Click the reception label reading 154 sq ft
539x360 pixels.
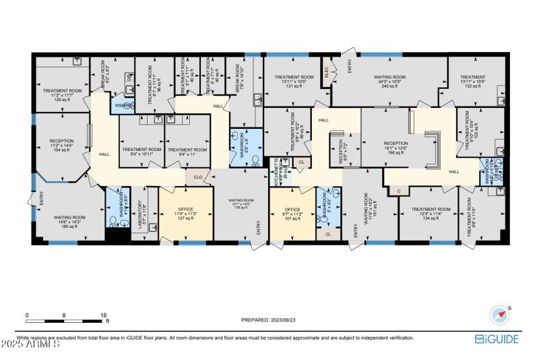click(61, 146)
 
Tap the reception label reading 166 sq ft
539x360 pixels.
click(396, 148)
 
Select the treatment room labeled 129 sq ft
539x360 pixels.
click(63, 95)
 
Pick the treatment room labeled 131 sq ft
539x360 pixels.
click(294, 82)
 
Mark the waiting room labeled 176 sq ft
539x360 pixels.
click(241, 204)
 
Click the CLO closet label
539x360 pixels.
click(198, 178)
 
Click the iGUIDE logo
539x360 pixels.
click(497, 339)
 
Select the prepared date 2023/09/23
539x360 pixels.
click(269, 321)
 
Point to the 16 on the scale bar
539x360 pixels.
click(104, 315)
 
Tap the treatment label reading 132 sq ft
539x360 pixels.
click(472, 82)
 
